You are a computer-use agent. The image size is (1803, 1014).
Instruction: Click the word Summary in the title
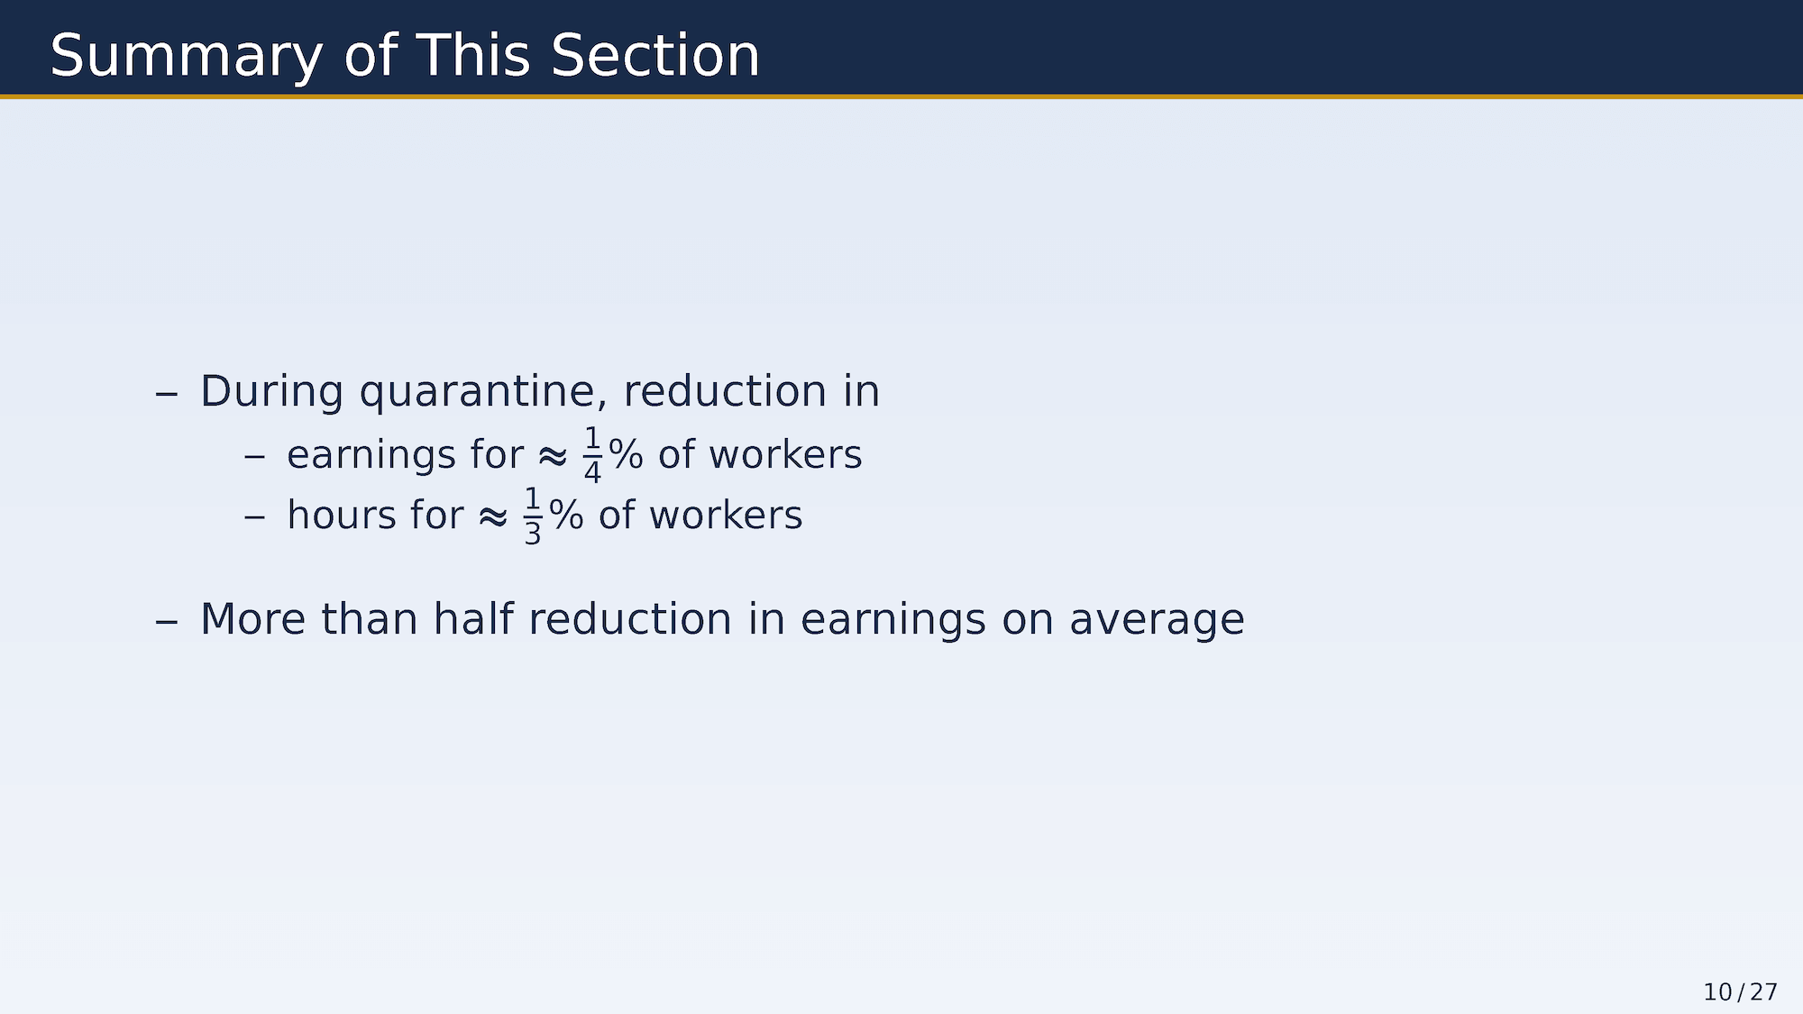[186, 57]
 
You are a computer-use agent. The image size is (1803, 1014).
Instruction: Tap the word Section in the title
[655, 56]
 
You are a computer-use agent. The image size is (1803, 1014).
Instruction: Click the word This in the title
[473, 56]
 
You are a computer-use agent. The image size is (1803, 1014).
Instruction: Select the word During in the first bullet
[271, 391]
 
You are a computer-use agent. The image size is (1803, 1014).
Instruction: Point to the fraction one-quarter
[592, 454]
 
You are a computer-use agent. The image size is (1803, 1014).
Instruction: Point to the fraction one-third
[533, 516]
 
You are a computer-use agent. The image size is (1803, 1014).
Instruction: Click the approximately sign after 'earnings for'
[553, 456]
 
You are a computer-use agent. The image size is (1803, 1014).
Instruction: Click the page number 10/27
[1740, 992]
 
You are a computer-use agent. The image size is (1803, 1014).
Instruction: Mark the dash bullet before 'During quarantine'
[167, 394]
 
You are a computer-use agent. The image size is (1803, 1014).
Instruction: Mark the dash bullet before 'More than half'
[167, 622]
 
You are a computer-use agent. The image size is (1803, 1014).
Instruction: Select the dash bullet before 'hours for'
[254, 518]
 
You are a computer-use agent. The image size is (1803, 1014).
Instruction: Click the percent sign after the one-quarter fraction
[626, 454]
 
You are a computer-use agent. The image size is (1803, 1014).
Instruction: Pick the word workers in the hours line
[726, 516]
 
